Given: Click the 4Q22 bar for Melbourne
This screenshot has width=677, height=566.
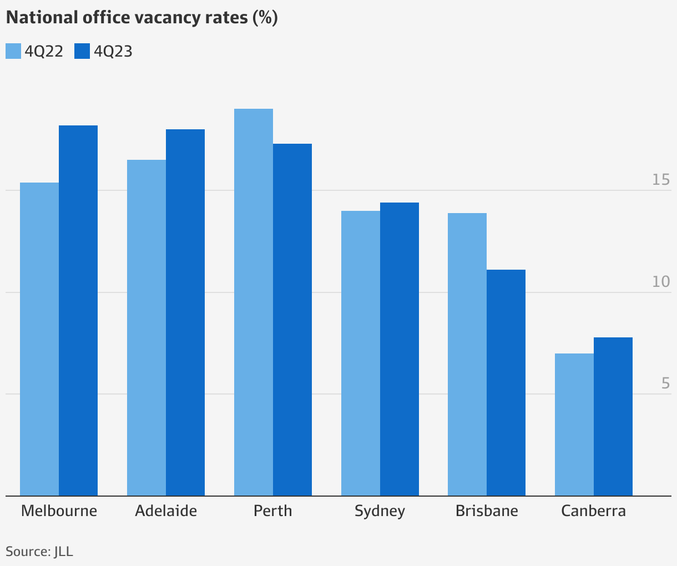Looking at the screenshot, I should pyautogui.click(x=39, y=339).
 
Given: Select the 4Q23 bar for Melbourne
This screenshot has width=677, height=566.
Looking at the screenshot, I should pyautogui.click(x=78, y=311).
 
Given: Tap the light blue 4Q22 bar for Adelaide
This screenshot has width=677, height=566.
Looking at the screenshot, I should pyautogui.click(x=146, y=327).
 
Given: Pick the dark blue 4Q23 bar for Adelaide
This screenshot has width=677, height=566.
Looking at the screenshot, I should pyautogui.click(x=185, y=312).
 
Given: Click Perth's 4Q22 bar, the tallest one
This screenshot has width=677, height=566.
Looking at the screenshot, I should pyautogui.click(x=254, y=302).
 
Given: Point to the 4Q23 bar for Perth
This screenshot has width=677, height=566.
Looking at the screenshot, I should pyautogui.click(x=292, y=320).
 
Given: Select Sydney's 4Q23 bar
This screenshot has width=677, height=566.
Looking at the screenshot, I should pyautogui.click(x=400, y=349).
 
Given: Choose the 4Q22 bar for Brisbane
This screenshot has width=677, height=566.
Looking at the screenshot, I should pyautogui.click(x=467, y=355).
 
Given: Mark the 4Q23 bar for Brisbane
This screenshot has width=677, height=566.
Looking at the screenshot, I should pyautogui.click(x=506, y=383).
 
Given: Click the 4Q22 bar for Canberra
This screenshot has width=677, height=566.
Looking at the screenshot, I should pyautogui.click(x=574, y=424).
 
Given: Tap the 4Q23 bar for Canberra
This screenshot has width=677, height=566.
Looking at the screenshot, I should pyautogui.click(x=613, y=417).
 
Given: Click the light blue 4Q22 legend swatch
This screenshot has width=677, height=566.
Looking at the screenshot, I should pyautogui.click(x=13, y=51).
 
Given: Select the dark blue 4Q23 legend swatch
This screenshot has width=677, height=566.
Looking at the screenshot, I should pyautogui.click(x=82, y=51).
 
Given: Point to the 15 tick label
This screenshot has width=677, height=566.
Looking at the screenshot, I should pyautogui.click(x=661, y=180).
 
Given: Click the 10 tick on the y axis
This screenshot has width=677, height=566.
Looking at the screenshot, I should pyautogui.click(x=661, y=282).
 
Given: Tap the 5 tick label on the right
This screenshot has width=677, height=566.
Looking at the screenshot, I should pyautogui.click(x=665, y=383).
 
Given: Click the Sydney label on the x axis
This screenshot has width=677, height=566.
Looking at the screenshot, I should pyautogui.click(x=380, y=511).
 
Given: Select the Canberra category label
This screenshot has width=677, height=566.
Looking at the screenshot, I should pyautogui.click(x=593, y=511).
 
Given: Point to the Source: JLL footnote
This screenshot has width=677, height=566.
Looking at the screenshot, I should pyautogui.click(x=39, y=552).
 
